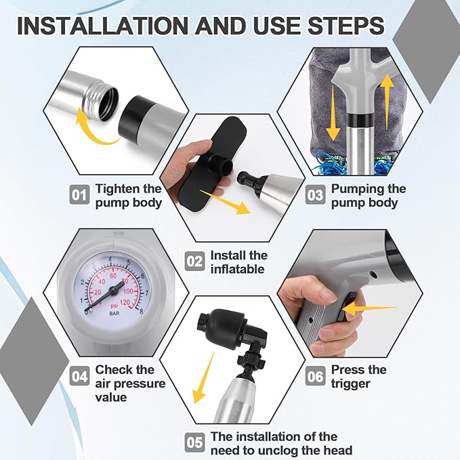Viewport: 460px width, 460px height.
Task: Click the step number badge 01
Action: point(79,195)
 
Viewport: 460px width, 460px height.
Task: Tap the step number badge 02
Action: point(195,261)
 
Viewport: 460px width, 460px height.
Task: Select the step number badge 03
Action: point(316,195)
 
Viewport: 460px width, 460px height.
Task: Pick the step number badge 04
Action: point(79,376)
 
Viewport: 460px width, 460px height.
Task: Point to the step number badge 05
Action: point(195,442)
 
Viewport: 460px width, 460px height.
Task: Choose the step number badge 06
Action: point(316,376)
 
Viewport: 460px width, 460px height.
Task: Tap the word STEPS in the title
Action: point(346,26)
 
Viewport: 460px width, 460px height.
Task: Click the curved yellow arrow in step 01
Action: point(94,132)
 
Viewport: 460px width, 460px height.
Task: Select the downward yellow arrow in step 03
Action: point(333,114)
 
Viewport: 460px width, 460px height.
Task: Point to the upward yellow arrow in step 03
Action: point(388,102)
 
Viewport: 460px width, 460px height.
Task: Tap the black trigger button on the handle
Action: point(341,308)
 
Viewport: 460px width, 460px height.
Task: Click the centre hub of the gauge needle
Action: point(112,290)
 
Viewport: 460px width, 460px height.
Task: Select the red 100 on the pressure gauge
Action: point(128,291)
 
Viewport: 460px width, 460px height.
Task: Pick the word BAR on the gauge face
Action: point(114,314)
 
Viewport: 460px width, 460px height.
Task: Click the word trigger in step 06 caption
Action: point(350,384)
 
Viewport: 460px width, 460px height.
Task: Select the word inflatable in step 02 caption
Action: point(238,269)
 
